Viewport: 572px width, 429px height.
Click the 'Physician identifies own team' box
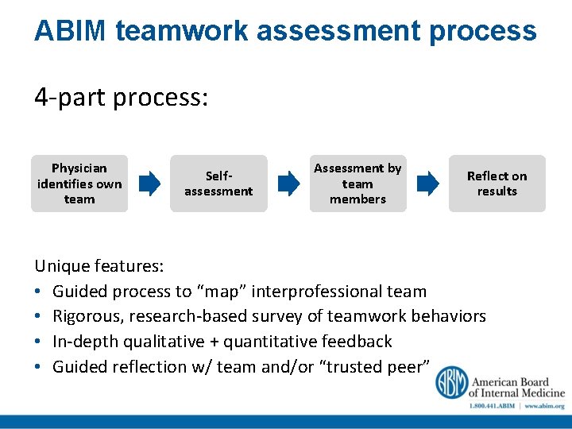[79, 184]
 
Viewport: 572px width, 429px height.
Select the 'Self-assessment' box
[218, 184]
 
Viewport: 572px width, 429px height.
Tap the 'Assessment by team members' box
[357, 184]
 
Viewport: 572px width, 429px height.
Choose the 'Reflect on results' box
[497, 184]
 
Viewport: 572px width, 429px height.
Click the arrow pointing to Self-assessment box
[149, 184]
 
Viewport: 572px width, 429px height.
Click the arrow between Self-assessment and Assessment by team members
[288, 184]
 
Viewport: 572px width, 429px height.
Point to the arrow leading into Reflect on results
[427, 184]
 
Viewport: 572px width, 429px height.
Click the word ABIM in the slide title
[70, 31]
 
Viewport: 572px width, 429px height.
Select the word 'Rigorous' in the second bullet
[87, 316]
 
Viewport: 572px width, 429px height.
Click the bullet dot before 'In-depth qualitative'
[40, 342]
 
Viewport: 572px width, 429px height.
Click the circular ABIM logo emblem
[450, 382]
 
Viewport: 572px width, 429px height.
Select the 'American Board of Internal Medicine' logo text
[516, 387]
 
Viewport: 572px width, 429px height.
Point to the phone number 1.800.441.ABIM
[491, 406]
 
